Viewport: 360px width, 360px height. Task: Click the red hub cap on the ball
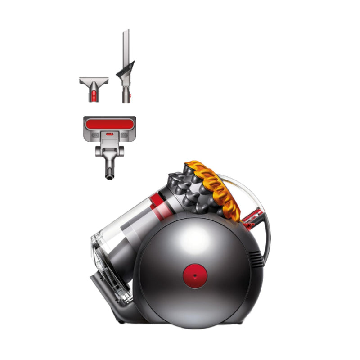193,274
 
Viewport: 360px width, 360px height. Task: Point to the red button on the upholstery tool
94,95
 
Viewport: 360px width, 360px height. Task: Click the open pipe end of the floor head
108,176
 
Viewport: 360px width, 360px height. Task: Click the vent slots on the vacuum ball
255,259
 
